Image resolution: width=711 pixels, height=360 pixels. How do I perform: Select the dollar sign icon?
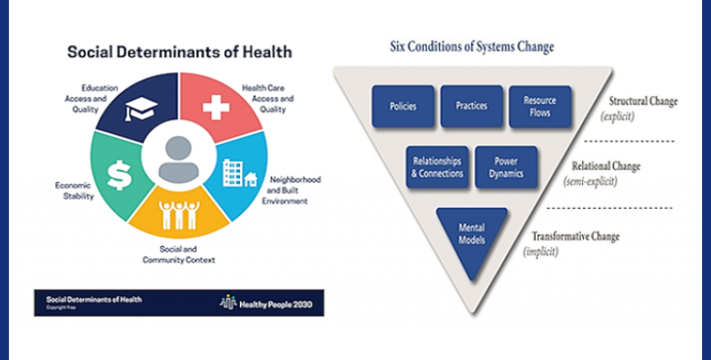(x=119, y=173)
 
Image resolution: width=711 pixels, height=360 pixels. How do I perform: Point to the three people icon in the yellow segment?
(x=178, y=214)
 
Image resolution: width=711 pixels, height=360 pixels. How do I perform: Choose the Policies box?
(x=403, y=106)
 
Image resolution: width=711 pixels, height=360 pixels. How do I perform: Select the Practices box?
(x=471, y=106)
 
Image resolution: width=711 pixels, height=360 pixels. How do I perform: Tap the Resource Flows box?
(x=539, y=106)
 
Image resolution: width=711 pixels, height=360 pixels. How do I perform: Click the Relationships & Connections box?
(x=438, y=167)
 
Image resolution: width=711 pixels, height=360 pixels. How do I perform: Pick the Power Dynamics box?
(x=506, y=167)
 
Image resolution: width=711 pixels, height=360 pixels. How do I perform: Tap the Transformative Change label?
(x=575, y=236)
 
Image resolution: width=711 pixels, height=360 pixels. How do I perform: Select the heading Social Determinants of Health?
(x=180, y=52)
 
